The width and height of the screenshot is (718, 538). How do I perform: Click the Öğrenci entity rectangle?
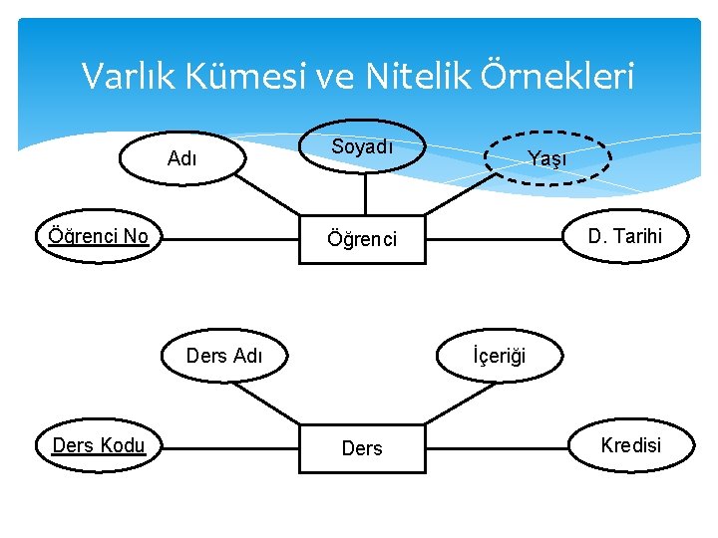click(x=363, y=239)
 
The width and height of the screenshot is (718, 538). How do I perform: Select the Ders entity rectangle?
click(x=362, y=448)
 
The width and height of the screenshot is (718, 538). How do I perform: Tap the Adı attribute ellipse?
click(x=181, y=158)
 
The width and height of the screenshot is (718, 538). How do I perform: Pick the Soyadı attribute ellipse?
click(x=362, y=147)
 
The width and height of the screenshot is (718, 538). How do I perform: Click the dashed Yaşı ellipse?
click(x=547, y=158)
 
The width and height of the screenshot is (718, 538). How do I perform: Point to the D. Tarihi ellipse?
click(x=624, y=237)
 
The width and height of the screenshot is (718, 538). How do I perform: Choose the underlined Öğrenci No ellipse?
click(x=99, y=237)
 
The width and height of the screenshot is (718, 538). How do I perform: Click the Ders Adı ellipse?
click(x=224, y=356)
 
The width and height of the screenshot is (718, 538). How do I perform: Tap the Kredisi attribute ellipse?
click(x=630, y=445)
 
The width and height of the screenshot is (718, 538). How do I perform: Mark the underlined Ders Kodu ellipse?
click(x=99, y=445)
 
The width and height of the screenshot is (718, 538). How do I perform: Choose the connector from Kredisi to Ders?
click(x=499, y=448)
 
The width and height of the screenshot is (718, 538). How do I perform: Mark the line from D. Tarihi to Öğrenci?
click(x=493, y=238)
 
